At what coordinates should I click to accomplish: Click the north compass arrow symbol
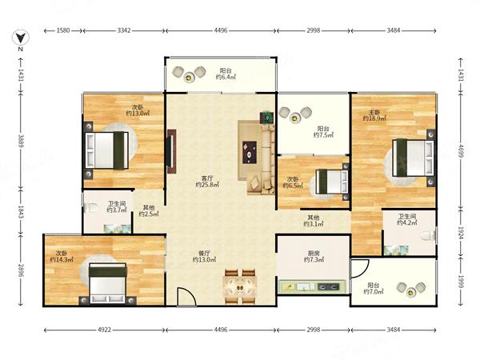(21, 38)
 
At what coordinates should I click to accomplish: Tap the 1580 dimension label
(63, 30)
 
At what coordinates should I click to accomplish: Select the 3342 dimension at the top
(124, 30)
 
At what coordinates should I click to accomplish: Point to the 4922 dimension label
(104, 330)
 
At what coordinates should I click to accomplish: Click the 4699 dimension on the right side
(461, 151)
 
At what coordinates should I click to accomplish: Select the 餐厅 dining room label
(204, 253)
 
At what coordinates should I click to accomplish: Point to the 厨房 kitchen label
(314, 253)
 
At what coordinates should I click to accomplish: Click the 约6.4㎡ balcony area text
(226, 77)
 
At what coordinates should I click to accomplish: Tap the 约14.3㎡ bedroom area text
(62, 260)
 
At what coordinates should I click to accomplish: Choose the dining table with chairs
(240, 287)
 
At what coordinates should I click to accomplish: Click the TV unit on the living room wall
(171, 151)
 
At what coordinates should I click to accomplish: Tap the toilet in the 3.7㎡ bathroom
(90, 208)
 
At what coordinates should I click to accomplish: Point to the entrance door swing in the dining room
(186, 296)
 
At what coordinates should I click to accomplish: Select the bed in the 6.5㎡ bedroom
(332, 182)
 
